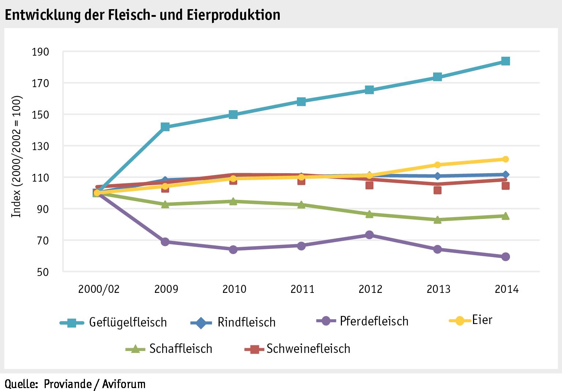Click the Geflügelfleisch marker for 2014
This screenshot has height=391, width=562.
click(505, 61)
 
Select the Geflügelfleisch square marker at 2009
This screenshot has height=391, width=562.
click(165, 127)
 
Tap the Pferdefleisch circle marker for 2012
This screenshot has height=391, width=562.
click(369, 235)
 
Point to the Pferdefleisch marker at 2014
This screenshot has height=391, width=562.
click(505, 257)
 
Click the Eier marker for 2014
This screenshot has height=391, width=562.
click(505, 159)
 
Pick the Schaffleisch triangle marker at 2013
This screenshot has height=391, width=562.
click(437, 220)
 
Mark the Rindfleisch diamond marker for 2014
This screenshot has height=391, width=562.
click(505, 175)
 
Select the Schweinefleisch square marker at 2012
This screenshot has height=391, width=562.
click(369, 185)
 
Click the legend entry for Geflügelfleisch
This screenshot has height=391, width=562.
click(113, 323)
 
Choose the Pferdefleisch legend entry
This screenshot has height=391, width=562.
click(362, 321)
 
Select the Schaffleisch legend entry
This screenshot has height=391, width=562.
click(169, 349)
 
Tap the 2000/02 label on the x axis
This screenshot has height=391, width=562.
click(98, 289)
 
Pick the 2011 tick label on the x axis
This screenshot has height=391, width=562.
click(302, 289)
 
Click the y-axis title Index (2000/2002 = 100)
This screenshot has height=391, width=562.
click(17, 157)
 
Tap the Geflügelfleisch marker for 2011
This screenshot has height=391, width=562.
click(301, 101)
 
